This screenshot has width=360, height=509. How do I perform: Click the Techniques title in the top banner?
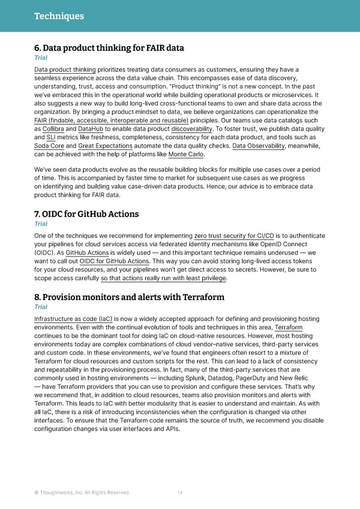[x=59, y=16]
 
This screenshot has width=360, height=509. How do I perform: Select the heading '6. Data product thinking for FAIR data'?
[x=109, y=48]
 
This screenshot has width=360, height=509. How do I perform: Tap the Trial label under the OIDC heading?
[x=40, y=224]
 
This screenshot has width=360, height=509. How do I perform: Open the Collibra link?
[x=53, y=128]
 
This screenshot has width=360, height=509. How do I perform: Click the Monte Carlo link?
[x=187, y=154]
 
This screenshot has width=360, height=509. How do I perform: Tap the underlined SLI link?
[x=51, y=137]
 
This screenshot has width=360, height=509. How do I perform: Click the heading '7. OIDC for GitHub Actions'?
[x=86, y=214]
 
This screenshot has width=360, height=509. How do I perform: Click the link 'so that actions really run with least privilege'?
[x=164, y=279]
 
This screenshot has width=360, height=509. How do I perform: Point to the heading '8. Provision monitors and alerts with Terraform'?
[x=130, y=298]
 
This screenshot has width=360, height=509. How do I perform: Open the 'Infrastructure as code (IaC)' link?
[x=73, y=319]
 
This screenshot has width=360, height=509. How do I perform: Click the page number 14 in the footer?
[x=180, y=493]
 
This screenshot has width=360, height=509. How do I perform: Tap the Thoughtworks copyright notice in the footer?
[x=82, y=493]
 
